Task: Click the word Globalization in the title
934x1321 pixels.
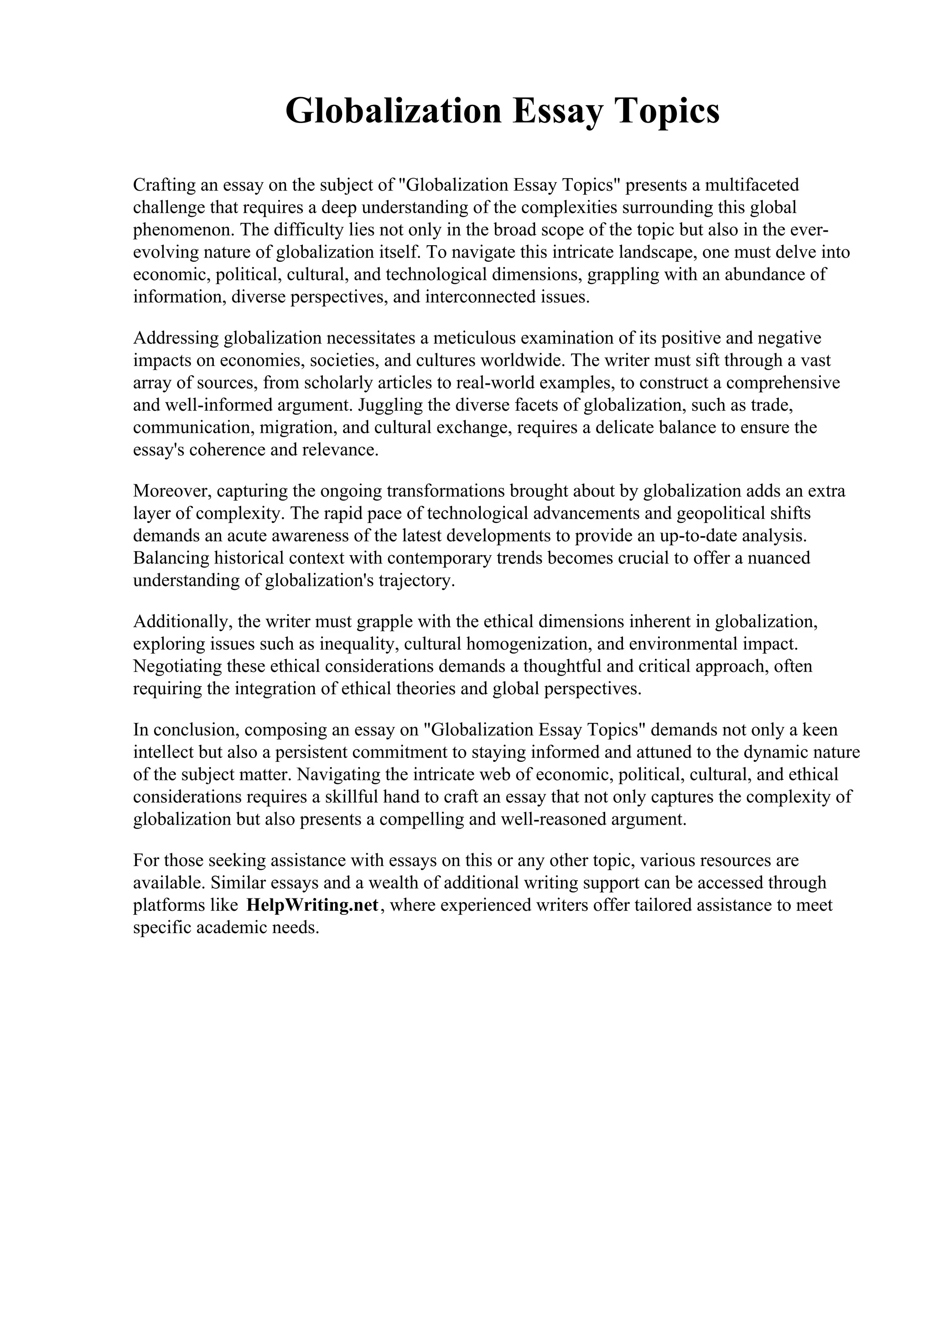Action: click(394, 111)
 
